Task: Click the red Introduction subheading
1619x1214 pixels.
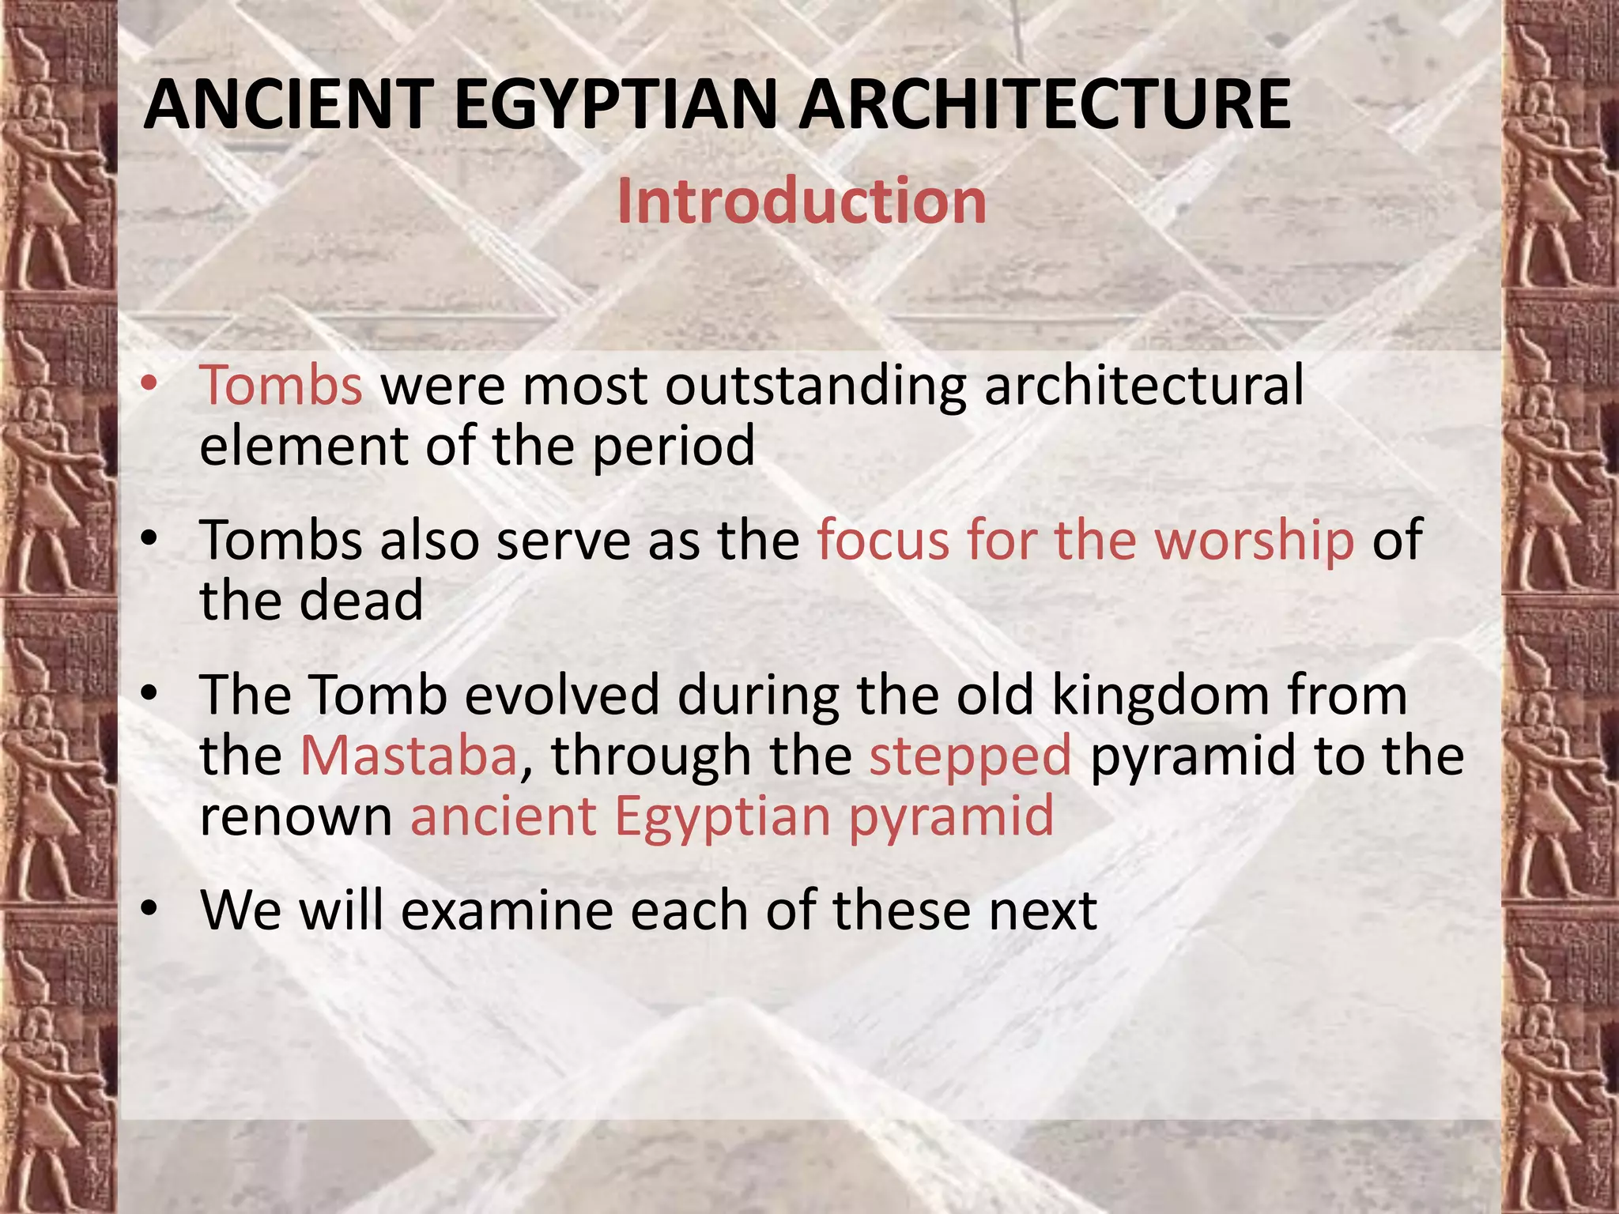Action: click(x=802, y=202)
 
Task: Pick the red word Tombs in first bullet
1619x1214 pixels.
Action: click(x=281, y=386)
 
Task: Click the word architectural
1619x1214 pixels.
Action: click(x=1143, y=386)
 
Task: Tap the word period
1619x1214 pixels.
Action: click(x=674, y=447)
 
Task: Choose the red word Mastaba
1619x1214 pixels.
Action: click(x=409, y=755)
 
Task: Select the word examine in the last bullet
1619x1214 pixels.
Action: click(x=507, y=910)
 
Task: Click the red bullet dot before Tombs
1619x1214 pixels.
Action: click(x=149, y=384)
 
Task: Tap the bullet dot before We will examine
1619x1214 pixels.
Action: click(x=149, y=910)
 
